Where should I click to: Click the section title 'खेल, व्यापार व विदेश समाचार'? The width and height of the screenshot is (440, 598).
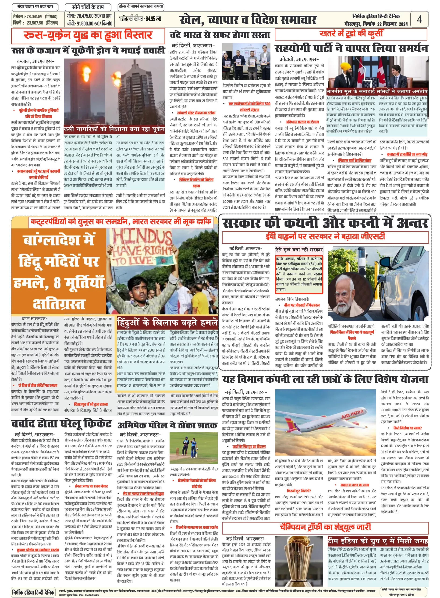pyautogui.click(x=248, y=20)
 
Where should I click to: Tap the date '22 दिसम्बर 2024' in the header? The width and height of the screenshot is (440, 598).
pyautogui.click(x=392, y=24)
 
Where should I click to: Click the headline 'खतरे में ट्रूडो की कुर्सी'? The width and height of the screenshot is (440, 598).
pyautogui.click(x=351, y=34)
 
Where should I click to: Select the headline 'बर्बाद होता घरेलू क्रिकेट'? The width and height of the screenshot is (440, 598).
pyautogui.click(x=61, y=424)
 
